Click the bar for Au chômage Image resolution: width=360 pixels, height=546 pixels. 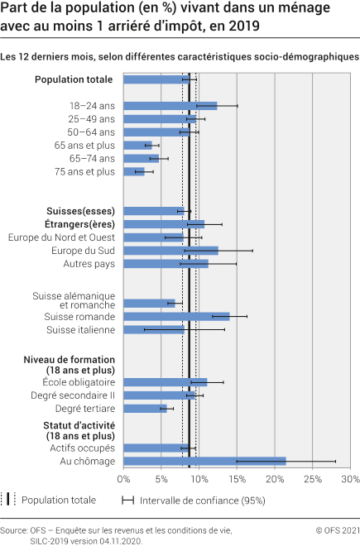(204, 461)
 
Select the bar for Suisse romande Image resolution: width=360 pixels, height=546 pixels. (176, 316)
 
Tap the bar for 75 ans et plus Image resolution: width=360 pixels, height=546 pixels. (134, 171)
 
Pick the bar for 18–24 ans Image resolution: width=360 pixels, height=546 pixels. (170, 106)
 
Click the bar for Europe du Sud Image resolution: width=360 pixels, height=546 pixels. (170, 251)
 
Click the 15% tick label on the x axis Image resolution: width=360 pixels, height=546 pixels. (237, 478)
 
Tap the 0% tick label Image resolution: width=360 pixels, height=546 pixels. (124, 478)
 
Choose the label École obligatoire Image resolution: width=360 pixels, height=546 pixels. (79, 382)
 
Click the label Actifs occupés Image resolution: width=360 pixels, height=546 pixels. (86, 448)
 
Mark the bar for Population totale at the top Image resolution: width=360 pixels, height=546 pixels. (156, 79)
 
